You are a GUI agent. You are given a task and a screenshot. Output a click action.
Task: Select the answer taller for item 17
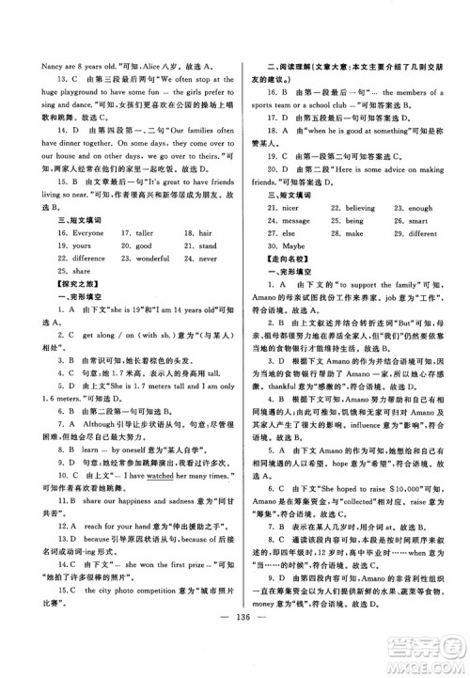pyautogui.click(x=134, y=230)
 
